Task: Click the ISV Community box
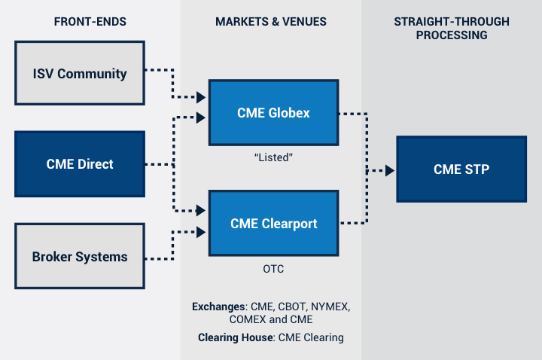tap(79, 73)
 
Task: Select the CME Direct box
tap(79, 164)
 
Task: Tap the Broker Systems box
tap(79, 256)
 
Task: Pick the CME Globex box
tap(273, 113)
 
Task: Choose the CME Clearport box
tap(273, 223)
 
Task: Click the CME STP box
tap(461, 169)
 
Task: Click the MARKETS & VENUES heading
tap(271, 22)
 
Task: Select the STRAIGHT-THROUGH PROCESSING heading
tap(451, 28)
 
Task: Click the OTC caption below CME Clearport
tap(273, 268)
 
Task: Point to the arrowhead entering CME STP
tap(390, 170)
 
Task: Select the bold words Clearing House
tap(236, 337)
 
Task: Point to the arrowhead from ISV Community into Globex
tap(201, 97)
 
